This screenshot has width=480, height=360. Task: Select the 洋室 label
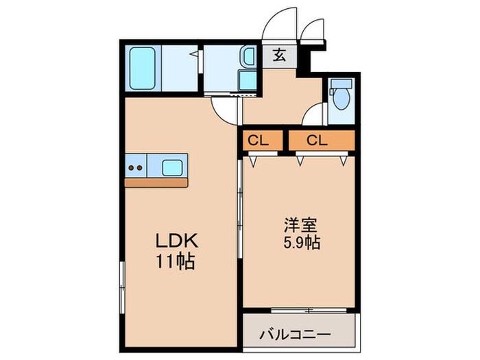(300, 224)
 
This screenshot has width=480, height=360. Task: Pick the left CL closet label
(259, 141)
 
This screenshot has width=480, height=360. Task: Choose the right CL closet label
(317, 141)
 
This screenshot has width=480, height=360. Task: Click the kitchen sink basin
(172, 167)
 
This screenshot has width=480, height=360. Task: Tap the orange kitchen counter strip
(156, 183)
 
